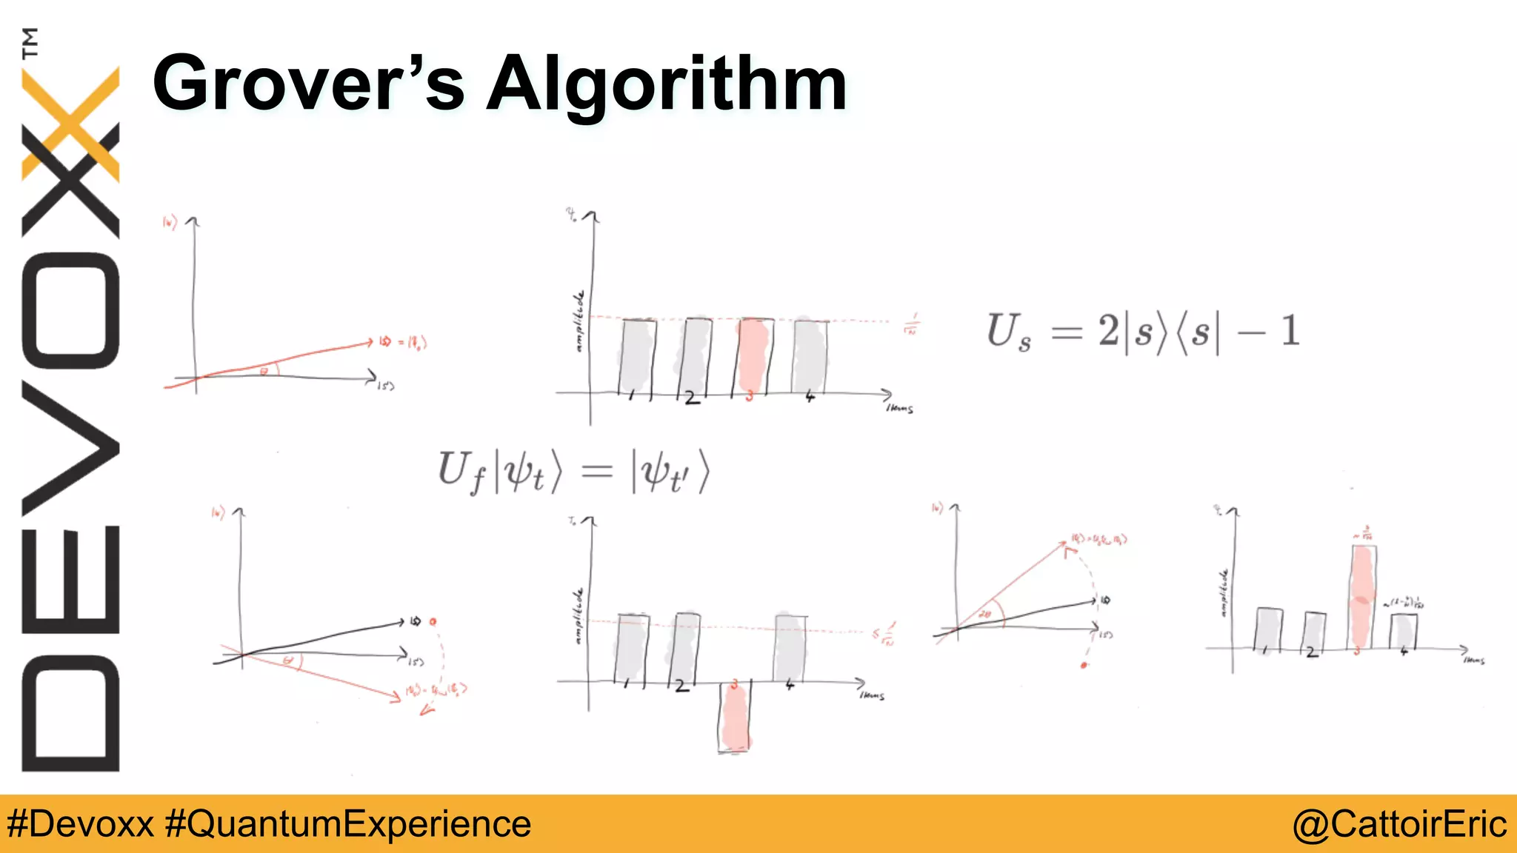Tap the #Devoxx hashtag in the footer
(x=80, y=823)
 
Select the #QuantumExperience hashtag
(x=347, y=823)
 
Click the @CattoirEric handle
(x=1399, y=823)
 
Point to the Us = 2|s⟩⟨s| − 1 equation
(x=1142, y=331)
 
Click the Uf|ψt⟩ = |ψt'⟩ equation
(x=573, y=471)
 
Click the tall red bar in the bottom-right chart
(x=1361, y=597)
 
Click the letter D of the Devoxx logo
(x=70, y=714)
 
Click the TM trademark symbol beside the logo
(x=30, y=42)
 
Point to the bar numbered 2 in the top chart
(x=695, y=356)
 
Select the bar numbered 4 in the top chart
(x=810, y=356)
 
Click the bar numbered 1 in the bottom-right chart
(x=1269, y=628)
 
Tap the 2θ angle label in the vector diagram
(x=985, y=614)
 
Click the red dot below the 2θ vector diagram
(x=1084, y=666)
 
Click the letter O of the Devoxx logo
(x=70, y=311)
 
